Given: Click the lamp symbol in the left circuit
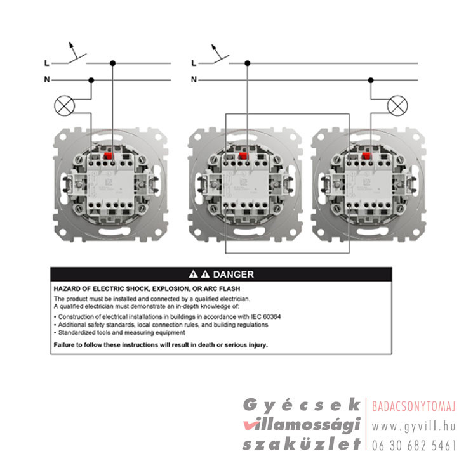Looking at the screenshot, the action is [x=65, y=106].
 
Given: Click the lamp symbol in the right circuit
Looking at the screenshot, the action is [x=397, y=106].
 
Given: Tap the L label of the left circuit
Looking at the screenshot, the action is [x=47, y=63].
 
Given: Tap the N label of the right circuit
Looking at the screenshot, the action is [x=194, y=80].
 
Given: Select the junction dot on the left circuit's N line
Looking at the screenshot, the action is [x=91, y=81].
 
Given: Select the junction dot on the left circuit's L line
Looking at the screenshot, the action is [x=112, y=63].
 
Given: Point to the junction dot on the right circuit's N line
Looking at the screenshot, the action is [x=371, y=81].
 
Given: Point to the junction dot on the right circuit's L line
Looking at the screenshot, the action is [x=247, y=63].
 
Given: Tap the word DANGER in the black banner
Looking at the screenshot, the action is [x=233, y=275].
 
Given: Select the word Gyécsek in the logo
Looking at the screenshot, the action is [x=302, y=405].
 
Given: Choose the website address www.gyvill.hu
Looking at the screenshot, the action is [x=413, y=427].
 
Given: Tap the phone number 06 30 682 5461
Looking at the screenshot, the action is [x=414, y=446].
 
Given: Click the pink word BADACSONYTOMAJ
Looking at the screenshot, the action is [x=414, y=406].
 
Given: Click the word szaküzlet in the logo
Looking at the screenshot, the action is [x=302, y=444].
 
